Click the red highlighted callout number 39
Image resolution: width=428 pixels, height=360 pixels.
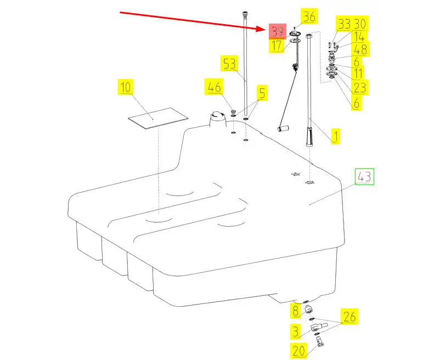pos(276,32)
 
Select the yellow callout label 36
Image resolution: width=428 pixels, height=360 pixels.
pos(309,17)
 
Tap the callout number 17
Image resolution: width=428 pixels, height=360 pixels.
pos(276,46)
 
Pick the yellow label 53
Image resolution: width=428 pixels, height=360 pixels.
pos(229,64)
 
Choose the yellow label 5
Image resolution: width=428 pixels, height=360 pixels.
pos(262,94)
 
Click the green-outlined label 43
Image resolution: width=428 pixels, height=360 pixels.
pos(364,177)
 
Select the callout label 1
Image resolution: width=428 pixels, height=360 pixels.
pos(335,136)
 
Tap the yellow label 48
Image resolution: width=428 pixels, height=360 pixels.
pos(361,50)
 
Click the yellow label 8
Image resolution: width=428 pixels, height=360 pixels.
pos(296,311)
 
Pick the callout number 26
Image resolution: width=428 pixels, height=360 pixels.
pos(350,317)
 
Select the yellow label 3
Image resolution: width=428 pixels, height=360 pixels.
pos(296,330)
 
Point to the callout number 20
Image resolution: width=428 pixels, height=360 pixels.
pos(298,350)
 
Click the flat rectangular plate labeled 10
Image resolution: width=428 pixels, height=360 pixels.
pos(157,119)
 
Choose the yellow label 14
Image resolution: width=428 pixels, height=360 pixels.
pos(359,37)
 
